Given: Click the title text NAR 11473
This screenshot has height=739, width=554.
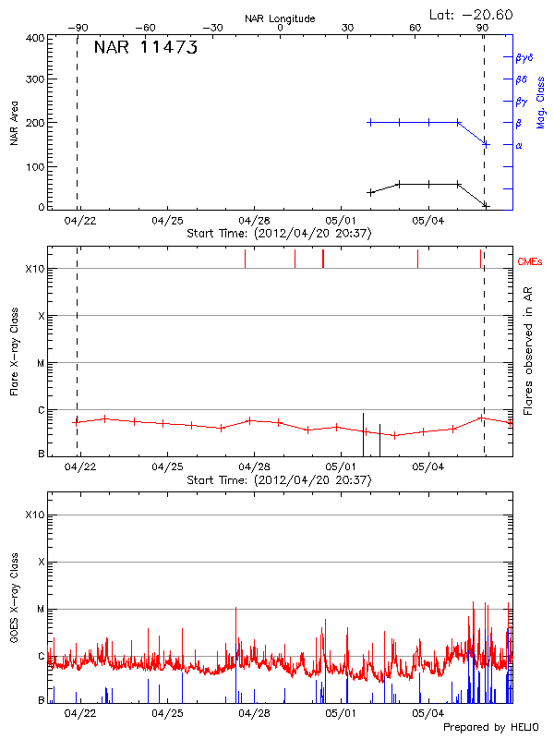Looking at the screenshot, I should coord(145,49).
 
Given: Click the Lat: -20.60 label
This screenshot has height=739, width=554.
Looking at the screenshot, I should coord(472,14).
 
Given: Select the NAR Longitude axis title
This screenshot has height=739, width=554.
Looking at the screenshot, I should coord(280,18).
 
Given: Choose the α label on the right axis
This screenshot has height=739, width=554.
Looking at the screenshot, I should coord(519,145).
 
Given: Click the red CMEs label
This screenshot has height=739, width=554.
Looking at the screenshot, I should coord(531,263).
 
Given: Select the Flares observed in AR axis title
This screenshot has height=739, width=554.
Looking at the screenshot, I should coord(527,349).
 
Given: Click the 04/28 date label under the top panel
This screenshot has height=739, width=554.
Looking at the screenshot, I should coord(254,222).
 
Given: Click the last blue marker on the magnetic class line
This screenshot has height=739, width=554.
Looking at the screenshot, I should coord(486,144).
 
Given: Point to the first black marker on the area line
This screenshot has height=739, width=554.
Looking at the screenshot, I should coord(370,192).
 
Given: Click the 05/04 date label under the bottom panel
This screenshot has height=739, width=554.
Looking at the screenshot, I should coord(428,713).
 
